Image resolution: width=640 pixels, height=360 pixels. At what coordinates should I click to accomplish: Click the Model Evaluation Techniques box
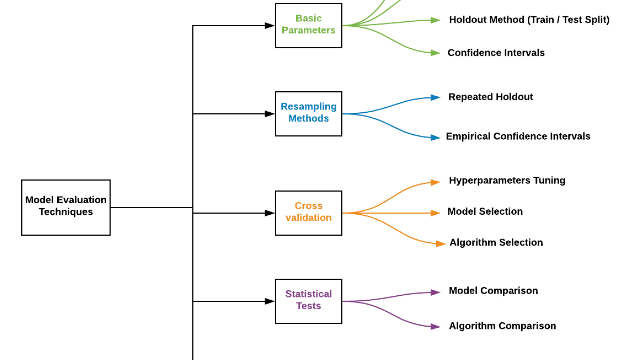pyautogui.click(x=66, y=207)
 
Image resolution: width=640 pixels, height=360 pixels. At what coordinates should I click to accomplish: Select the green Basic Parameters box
pyautogui.click(x=308, y=25)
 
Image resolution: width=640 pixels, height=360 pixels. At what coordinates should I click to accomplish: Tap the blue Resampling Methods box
pyautogui.click(x=308, y=113)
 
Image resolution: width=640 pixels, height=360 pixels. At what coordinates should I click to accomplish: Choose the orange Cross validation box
pyautogui.click(x=308, y=213)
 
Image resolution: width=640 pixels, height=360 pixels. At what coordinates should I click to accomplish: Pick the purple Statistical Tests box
pyautogui.click(x=308, y=301)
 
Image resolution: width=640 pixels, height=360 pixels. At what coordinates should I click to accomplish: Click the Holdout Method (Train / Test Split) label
pyautogui.click(x=529, y=20)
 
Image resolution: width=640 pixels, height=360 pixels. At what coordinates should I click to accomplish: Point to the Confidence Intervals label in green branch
pyautogui.click(x=496, y=53)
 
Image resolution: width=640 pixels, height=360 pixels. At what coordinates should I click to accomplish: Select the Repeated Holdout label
pyautogui.click(x=490, y=97)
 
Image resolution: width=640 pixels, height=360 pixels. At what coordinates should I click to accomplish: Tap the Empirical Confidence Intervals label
pyautogui.click(x=518, y=136)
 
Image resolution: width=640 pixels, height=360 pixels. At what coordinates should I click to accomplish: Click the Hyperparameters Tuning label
pyautogui.click(x=507, y=180)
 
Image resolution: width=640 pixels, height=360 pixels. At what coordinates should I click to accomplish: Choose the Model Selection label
pyautogui.click(x=485, y=211)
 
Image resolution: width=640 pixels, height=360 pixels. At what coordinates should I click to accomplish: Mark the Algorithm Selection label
pyautogui.click(x=496, y=242)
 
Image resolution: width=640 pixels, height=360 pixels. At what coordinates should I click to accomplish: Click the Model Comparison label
pyautogui.click(x=493, y=291)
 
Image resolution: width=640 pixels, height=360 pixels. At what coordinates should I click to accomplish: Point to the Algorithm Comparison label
pyautogui.click(x=502, y=326)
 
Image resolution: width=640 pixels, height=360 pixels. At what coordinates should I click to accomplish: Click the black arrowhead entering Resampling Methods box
pyautogui.click(x=270, y=114)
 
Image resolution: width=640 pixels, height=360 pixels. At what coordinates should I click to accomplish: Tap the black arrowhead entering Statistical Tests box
pyautogui.click(x=270, y=301)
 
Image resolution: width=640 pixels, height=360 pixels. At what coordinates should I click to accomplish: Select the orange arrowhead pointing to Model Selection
pyautogui.click(x=435, y=213)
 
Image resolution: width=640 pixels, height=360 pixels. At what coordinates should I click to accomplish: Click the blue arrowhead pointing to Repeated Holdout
pyautogui.click(x=435, y=98)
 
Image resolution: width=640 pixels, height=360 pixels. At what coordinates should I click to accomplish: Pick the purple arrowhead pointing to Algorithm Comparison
pyautogui.click(x=435, y=326)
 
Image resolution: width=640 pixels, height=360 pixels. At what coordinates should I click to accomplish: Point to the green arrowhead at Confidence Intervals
pyautogui.click(x=435, y=53)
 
